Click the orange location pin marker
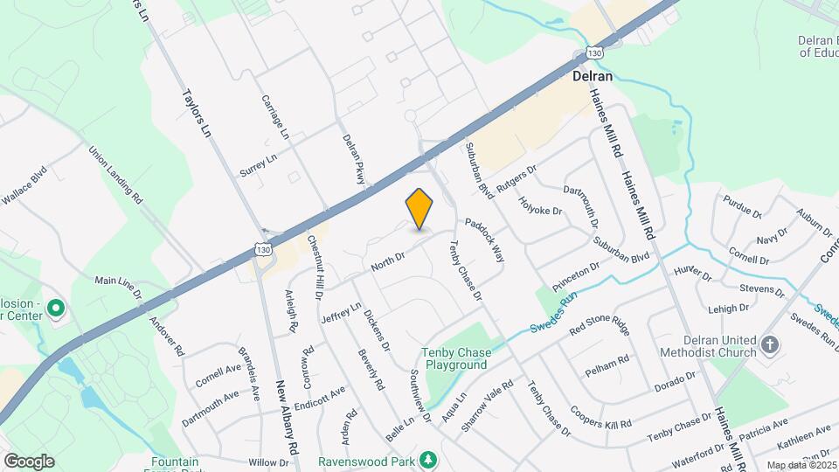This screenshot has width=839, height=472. pyautogui.click(x=419, y=209)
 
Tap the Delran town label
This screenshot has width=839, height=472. pyautogui.click(x=592, y=76)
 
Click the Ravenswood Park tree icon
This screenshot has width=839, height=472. pyautogui.click(x=427, y=459)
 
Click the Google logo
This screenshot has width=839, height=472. pyautogui.click(x=29, y=461)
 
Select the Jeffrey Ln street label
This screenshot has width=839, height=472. pyautogui.click(x=341, y=312)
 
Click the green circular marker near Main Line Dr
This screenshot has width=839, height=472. pyautogui.click(x=56, y=308)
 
